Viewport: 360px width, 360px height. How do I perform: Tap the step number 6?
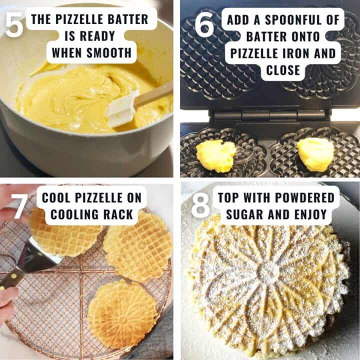[x=204, y=25]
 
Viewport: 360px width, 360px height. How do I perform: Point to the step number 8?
[x=200, y=205]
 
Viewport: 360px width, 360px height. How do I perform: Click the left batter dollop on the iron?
[x=215, y=155]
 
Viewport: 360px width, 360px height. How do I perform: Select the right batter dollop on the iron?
[x=315, y=154]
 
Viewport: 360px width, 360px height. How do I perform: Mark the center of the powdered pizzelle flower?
[x=269, y=272]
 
